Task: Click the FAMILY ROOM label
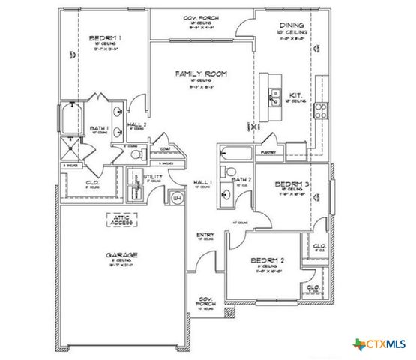pos(201,73)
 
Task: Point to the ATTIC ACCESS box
pos(118,219)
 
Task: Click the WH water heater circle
pos(178,197)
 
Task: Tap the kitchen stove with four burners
pos(320,109)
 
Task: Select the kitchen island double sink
pos(271,96)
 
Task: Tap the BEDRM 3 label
pos(288,183)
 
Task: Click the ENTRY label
pos(205,235)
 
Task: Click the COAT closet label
pos(166,148)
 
